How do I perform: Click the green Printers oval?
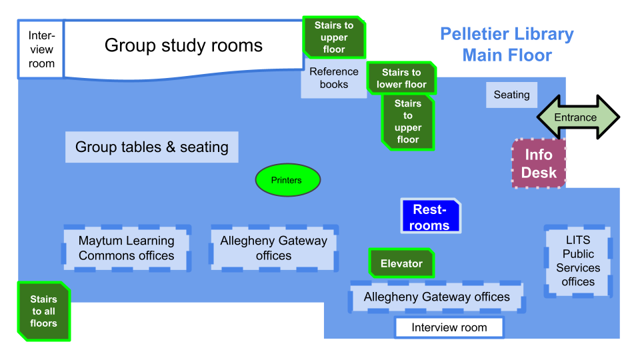tap(288, 180)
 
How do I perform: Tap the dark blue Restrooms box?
tap(430, 217)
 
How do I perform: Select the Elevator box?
tap(401, 263)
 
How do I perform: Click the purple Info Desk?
tap(539, 163)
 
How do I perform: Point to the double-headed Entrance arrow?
tap(577, 117)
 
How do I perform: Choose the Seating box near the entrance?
tap(511, 95)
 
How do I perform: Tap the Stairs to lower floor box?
tap(401, 78)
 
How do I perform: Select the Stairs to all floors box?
tap(43, 311)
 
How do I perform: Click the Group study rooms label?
tap(183, 45)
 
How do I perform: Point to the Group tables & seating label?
tap(151, 147)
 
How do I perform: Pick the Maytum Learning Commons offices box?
tap(127, 248)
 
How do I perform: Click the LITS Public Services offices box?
tap(578, 261)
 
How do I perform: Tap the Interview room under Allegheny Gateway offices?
tap(449, 327)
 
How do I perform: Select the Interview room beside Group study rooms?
tap(41, 49)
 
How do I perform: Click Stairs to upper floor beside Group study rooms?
tap(334, 37)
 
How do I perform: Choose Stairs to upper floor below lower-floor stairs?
tap(407, 121)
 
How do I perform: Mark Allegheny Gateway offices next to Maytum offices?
tap(273, 248)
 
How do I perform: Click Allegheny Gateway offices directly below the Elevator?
tap(437, 297)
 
